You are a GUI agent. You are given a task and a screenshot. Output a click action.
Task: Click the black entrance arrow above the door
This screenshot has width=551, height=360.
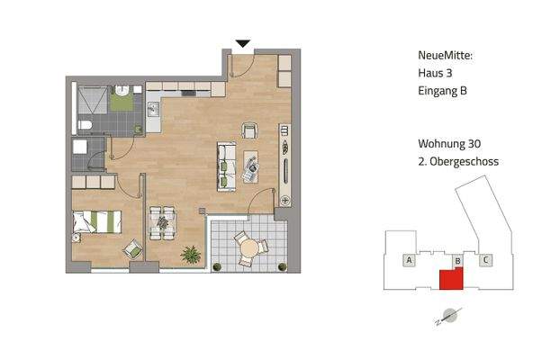point(241,42)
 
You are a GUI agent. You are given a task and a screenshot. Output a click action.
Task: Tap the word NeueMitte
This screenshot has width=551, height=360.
point(445,56)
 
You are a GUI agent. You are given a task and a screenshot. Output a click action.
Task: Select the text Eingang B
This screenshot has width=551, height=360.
point(442,91)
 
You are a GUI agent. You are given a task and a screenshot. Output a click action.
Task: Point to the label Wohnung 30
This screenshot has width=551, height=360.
point(448,144)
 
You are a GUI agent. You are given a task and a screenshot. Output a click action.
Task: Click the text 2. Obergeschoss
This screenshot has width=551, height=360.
point(458,162)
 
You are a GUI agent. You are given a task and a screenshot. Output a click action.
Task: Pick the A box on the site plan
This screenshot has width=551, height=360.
point(409,261)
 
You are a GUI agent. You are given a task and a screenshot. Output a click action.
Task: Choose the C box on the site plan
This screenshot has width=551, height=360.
point(485,261)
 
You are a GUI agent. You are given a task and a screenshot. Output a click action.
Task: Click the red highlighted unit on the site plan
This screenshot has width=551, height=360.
point(449,279)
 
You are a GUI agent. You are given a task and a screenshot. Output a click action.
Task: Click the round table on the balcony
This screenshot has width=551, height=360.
point(248,246)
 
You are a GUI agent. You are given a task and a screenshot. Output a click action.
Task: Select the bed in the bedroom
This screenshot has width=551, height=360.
point(96,220)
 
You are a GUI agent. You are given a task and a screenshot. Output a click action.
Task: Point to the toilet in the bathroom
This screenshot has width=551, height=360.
point(85,125)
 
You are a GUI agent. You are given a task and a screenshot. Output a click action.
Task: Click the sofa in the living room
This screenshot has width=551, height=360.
point(225,163)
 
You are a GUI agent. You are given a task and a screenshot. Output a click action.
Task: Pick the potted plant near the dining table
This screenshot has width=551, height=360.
point(190,254)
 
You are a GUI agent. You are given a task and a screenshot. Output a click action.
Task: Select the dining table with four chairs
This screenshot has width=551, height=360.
point(162,223)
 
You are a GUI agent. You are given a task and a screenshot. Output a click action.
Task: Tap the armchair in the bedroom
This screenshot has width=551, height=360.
point(132,247)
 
